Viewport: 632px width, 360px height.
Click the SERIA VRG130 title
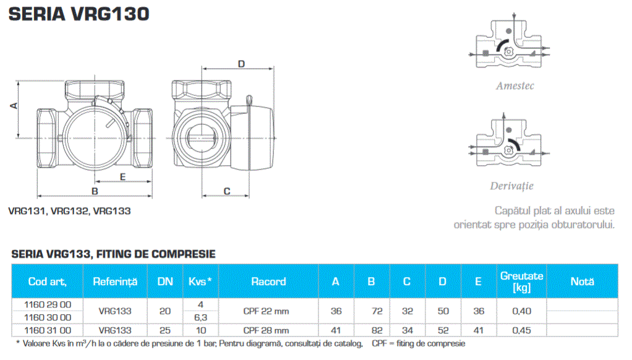(79, 14)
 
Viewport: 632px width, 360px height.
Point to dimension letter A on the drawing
(13, 106)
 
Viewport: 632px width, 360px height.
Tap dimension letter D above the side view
(242, 64)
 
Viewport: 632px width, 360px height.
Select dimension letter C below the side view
(226, 191)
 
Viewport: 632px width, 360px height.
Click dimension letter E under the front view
(122, 178)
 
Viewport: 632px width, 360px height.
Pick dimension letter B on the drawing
(95, 191)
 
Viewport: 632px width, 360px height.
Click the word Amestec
(515, 86)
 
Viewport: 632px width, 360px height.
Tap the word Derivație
(511, 186)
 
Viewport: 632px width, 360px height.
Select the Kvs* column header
(200, 281)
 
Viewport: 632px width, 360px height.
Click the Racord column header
(268, 281)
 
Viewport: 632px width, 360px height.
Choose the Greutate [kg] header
(521, 281)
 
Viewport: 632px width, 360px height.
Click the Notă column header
(582, 281)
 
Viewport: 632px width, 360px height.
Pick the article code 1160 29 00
(47, 304)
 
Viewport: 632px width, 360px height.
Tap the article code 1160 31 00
(47, 330)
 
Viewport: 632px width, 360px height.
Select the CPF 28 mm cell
(266, 330)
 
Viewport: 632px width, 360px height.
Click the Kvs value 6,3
(200, 317)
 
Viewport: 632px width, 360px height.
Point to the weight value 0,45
(521, 330)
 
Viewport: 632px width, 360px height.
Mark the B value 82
(371, 330)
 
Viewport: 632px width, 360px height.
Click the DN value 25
(165, 330)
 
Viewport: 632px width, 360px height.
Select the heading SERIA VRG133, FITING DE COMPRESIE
(113, 254)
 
